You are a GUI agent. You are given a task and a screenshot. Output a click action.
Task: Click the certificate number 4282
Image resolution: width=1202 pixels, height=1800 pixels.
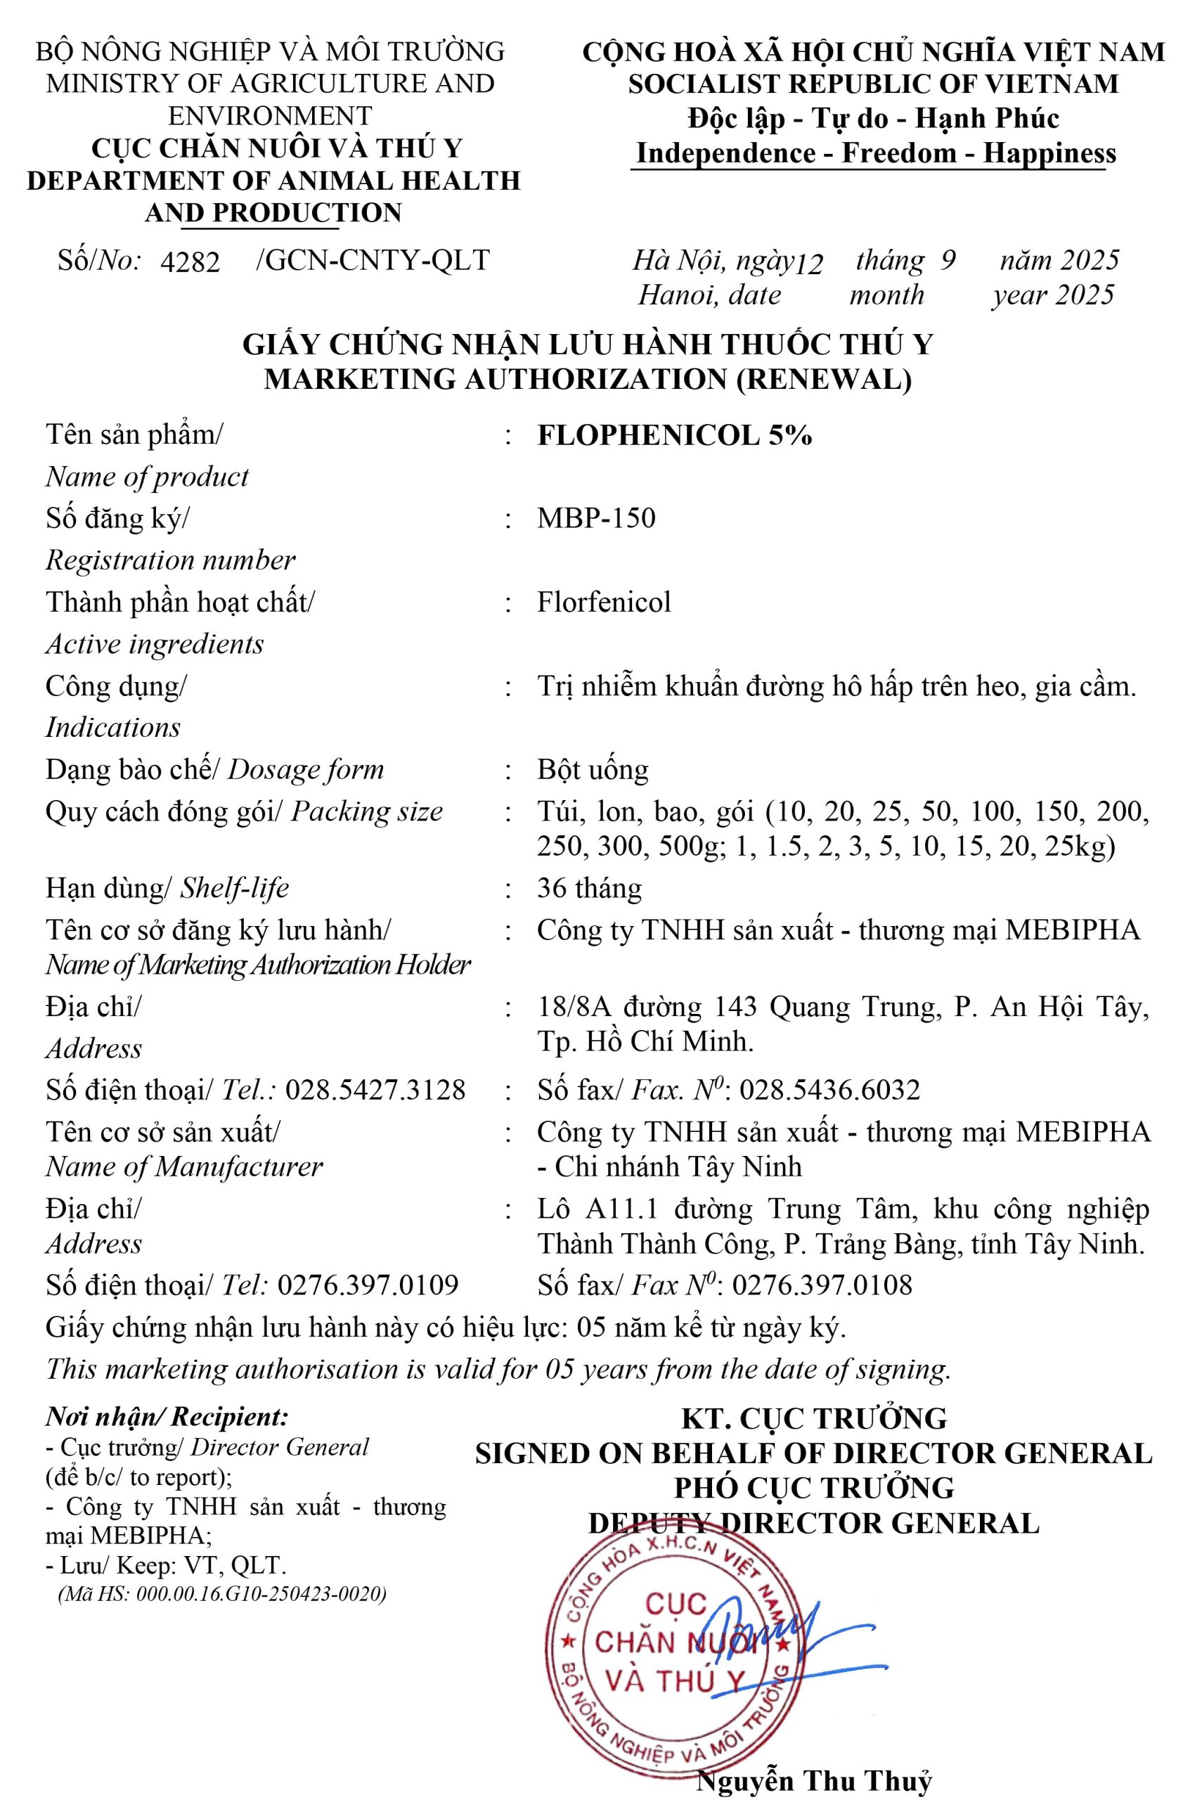click(189, 263)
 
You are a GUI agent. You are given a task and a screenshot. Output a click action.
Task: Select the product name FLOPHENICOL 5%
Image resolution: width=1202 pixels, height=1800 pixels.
click(674, 435)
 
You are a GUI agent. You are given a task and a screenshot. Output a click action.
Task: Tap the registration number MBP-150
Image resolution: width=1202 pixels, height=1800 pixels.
click(595, 518)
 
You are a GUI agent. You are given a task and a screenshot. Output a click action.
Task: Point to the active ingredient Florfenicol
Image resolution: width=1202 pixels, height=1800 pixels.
click(603, 602)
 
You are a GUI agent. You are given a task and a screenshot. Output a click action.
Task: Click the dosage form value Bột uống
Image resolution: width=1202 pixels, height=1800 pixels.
click(593, 769)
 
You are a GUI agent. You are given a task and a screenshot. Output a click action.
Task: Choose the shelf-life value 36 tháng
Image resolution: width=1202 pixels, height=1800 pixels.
click(589, 888)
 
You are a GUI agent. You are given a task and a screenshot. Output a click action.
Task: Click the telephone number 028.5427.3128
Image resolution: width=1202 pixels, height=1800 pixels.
click(375, 1089)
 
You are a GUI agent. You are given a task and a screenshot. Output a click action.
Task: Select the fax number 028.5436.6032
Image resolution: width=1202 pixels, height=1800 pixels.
click(829, 1089)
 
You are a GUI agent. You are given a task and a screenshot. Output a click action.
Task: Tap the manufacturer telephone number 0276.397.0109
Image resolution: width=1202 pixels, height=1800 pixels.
click(368, 1284)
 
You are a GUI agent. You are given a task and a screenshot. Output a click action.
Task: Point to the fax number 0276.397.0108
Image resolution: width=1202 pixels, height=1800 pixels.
click(822, 1284)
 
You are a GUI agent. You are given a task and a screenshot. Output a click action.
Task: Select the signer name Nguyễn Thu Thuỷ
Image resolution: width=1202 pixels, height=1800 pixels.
click(814, 1780)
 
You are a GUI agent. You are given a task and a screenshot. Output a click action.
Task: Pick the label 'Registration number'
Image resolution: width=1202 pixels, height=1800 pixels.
click(170, 560)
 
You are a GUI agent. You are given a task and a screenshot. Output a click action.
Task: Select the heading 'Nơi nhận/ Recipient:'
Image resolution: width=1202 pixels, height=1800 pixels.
click(167, 1417)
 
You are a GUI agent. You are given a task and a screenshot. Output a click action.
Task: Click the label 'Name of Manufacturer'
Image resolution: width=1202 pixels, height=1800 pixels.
click(184, 1166)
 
